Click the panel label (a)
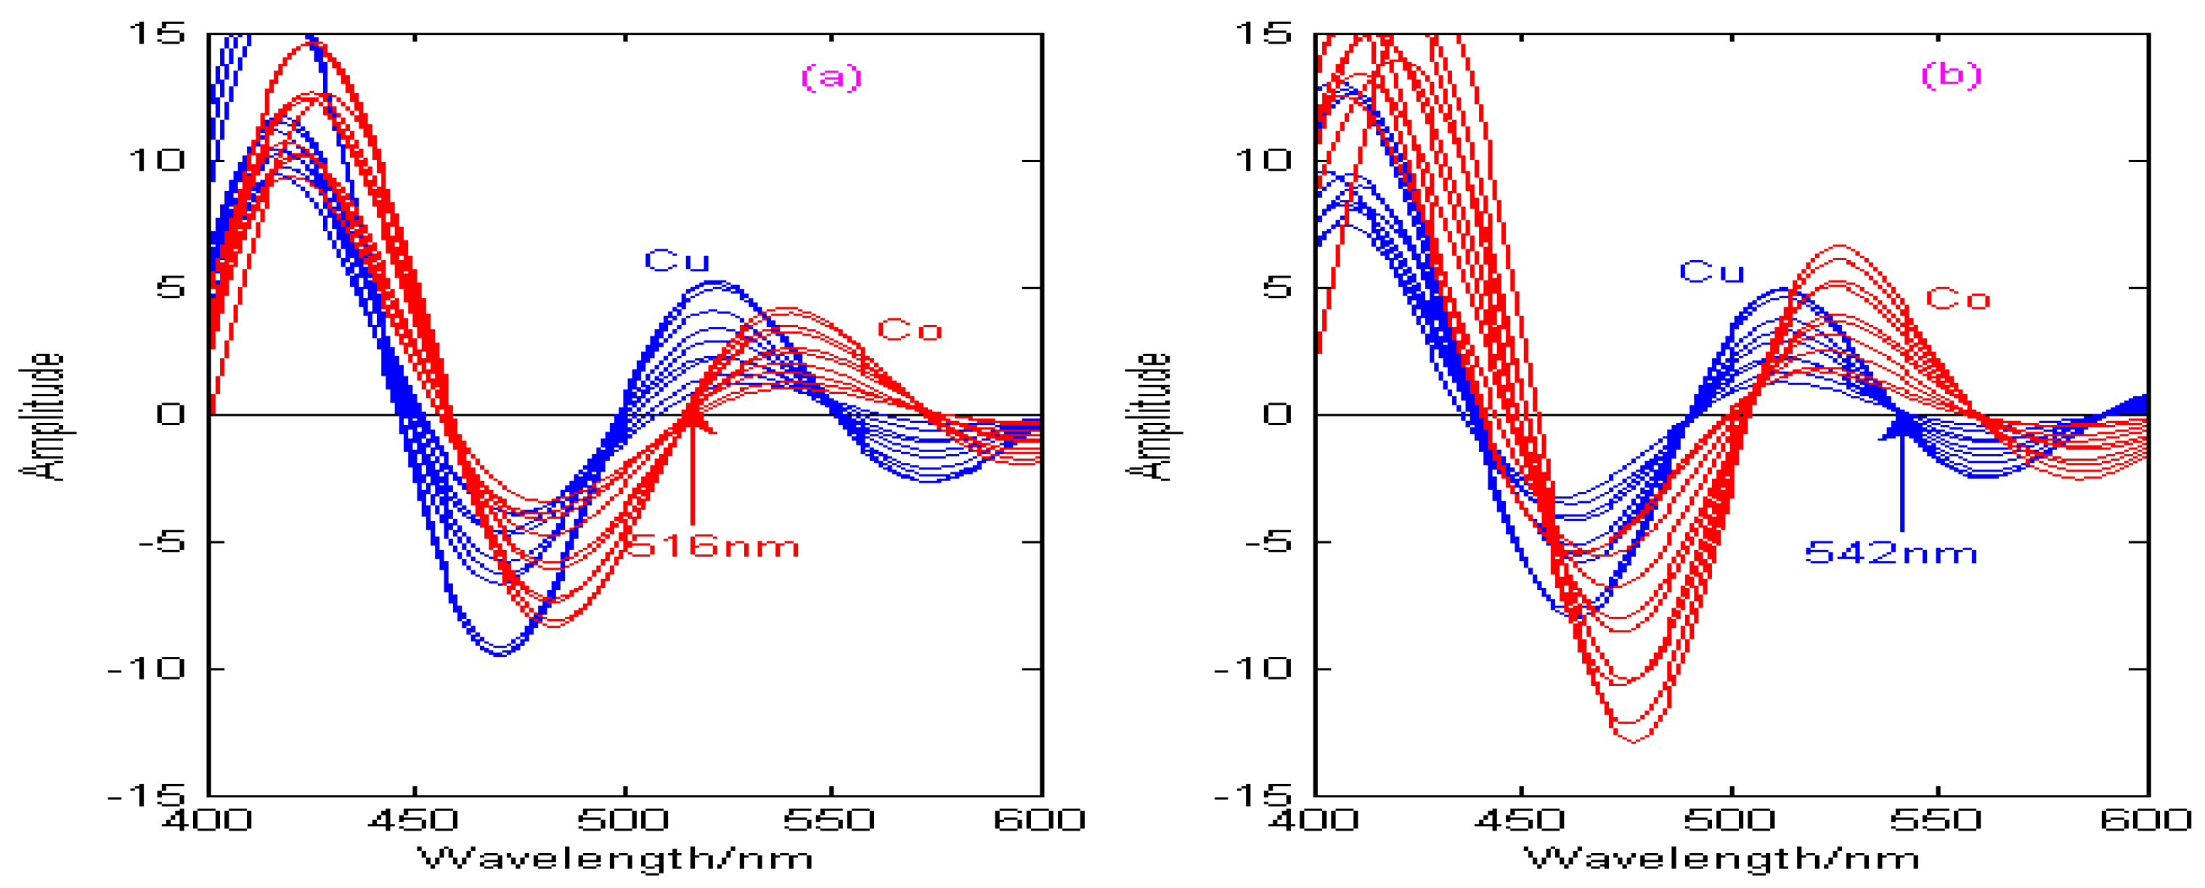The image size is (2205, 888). click(x=831, y=77)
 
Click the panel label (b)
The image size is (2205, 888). click(x=1951, y=75)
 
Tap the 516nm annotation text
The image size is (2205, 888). click(x=714, y=546)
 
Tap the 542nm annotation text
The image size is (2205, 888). click(x=1890, y=553)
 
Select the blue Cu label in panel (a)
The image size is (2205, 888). click(x=676, y=260)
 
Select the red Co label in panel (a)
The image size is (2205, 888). click(x=909, y=330)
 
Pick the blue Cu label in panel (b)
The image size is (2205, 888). click(x=1711, y=273)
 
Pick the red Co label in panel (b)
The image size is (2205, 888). click(x=1957, y=299)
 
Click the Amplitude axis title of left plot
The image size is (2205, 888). click(x=41, y=416)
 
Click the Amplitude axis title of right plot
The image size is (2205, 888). click(x=1147, y=416)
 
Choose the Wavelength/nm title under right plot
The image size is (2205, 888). click(x=1721, y=858)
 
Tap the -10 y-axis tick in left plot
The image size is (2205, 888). click(x=147, y=668)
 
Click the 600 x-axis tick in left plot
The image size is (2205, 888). click(x=1038, y=820)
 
